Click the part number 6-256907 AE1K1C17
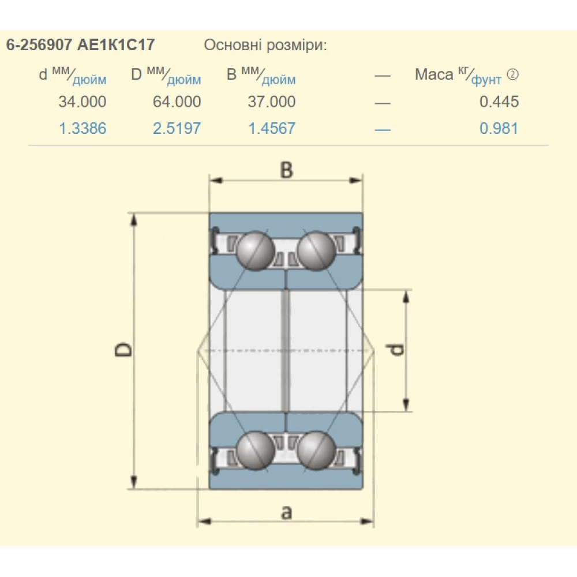[80, 45]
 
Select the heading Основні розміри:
[265, 45]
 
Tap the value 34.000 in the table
[83, 102]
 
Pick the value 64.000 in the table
[177, 102]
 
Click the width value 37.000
[272, 102]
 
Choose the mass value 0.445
[499, 102]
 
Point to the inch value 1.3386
[83, 129]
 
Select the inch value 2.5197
[177, 129]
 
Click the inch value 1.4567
[272, 129]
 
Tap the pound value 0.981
[499, 129]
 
